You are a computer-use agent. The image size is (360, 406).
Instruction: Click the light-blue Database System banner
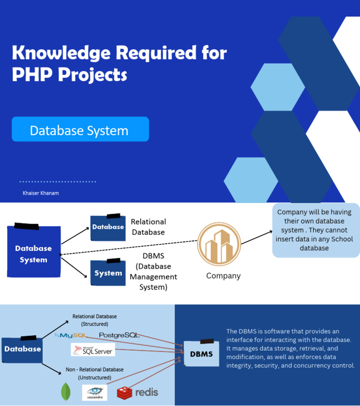pos(80,129)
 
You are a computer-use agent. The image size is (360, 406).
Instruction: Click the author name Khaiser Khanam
pos(41,193)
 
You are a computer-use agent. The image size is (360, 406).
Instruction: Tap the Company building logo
pos(219,244)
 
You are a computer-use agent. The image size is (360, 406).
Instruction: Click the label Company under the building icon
pos(223,276)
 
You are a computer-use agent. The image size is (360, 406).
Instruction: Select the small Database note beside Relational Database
pos(108,228)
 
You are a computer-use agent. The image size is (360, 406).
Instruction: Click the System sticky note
pos(108,273)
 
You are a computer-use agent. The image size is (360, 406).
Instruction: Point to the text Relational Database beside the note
pos(148,227)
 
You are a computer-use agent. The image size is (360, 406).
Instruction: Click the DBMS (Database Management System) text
pos(153,271)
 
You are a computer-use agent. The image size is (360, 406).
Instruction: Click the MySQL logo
pos(72,335)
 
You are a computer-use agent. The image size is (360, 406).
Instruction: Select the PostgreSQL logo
pos(119,335)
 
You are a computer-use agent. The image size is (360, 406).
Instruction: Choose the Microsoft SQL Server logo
pos(93,350)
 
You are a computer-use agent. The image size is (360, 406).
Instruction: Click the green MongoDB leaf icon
pos(66,392)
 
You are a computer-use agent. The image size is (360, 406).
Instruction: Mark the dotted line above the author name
pos(58,181)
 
